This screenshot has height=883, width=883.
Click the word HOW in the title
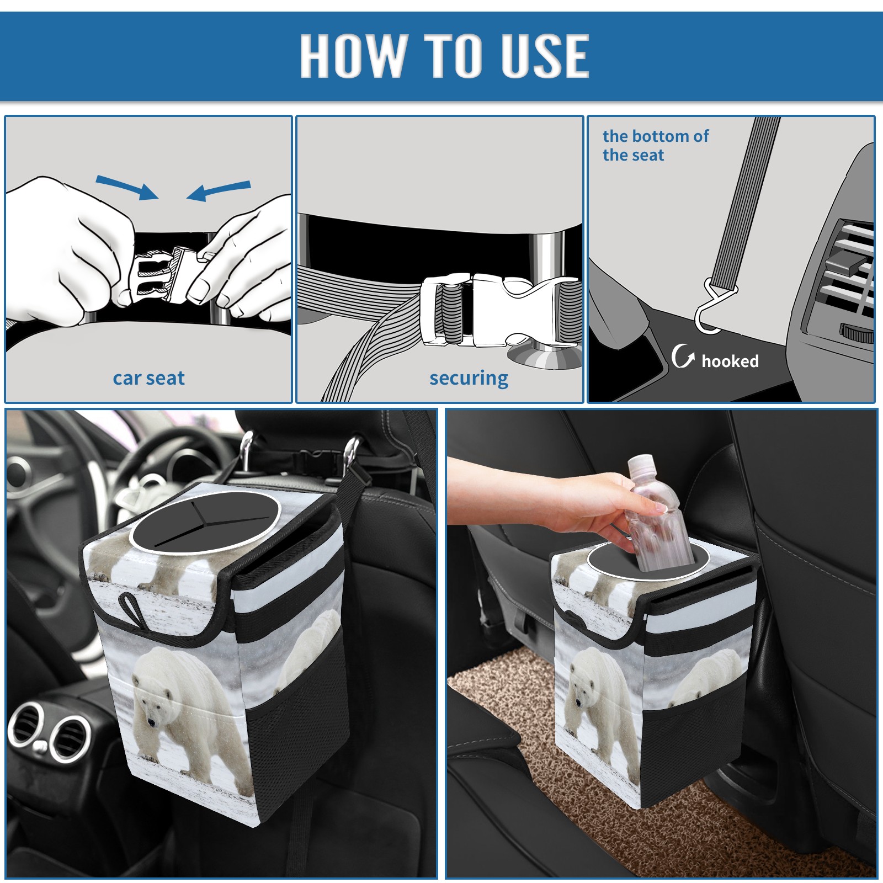click(x=352, y=55)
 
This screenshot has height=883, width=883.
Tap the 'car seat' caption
click(x=148, y=379)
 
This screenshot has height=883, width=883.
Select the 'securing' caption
click(x=469, y=379)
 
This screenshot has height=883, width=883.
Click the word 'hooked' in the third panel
click(x=730, y=361)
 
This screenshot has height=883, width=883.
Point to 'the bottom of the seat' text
click(x=655, y=146)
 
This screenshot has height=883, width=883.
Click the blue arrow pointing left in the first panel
click(x=219, y=190)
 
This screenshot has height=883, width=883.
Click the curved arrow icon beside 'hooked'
click(x=682, y=356)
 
